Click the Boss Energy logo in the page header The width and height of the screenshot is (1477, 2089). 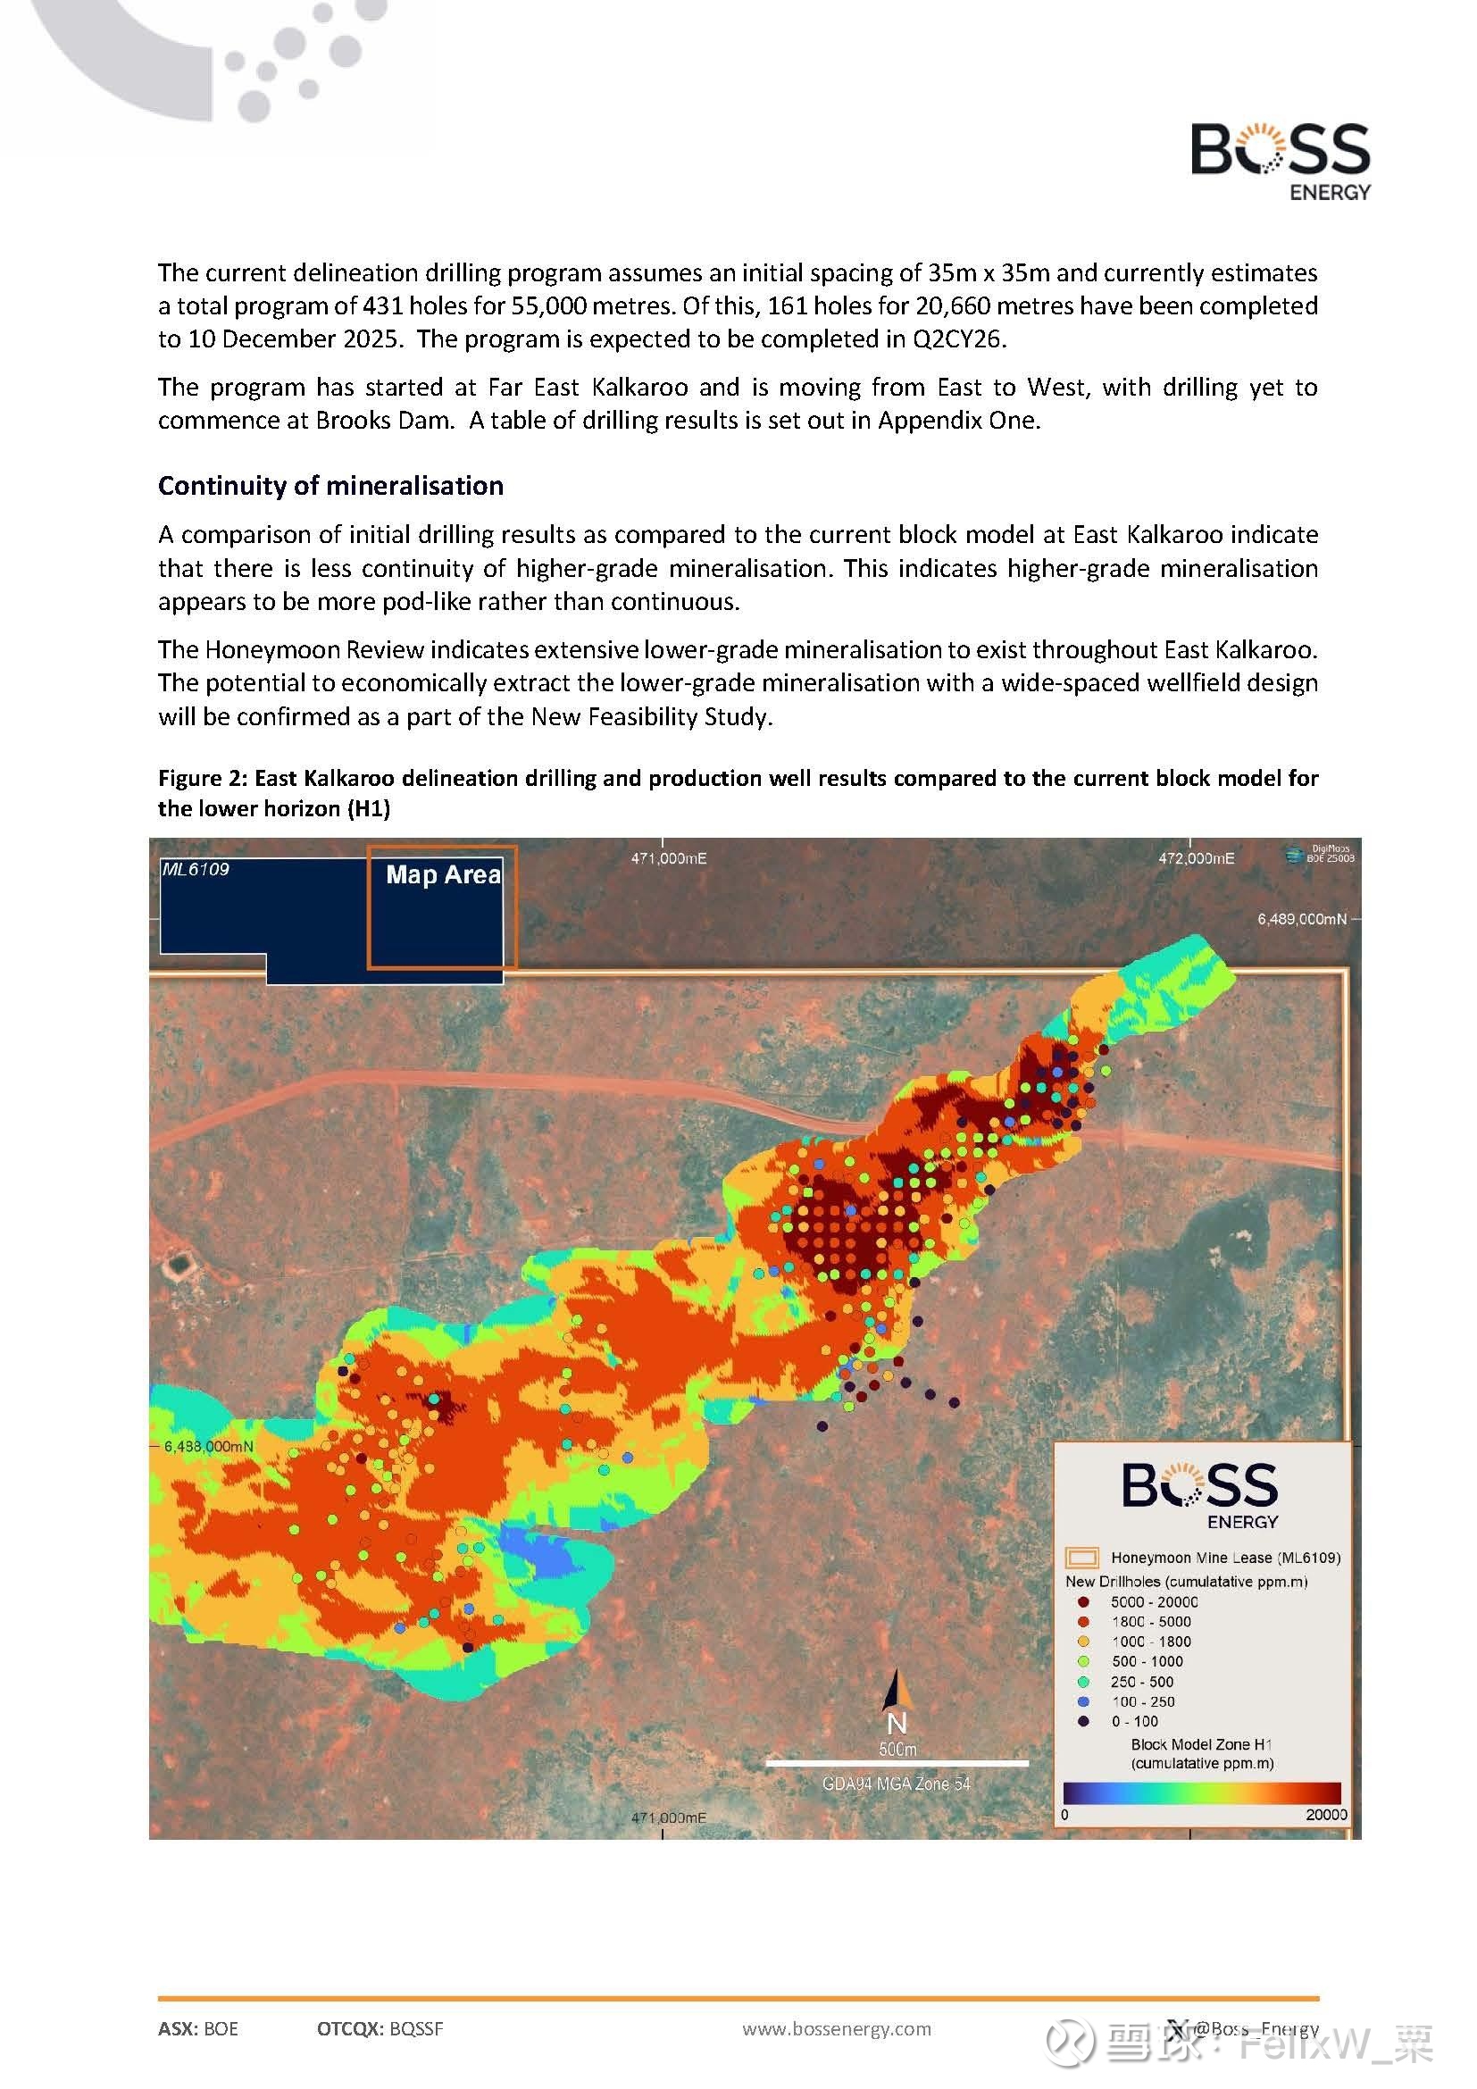pos(1280,160)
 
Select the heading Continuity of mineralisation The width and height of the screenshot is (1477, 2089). pos(330,486)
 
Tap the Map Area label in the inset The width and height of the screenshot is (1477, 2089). pos(443,874)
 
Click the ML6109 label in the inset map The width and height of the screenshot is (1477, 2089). pos(196,869)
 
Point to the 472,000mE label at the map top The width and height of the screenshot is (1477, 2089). pos(1196,858)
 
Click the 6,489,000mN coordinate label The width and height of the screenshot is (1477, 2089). pos(1301,919)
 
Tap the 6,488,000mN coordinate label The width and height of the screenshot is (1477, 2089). pos(208,1446)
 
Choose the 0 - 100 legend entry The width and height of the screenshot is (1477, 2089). pos(1134,1721)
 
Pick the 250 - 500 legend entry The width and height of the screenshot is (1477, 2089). pos(1141,1682)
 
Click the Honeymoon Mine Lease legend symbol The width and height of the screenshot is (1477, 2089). pos(1081,1558)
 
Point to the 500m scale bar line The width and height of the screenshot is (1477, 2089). pos(897,1763)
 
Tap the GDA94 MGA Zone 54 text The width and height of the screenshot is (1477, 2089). pos(896,1784)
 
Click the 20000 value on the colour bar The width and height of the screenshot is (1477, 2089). pos(1325,1814)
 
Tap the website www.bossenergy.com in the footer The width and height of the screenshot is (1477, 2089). pos(837,2028)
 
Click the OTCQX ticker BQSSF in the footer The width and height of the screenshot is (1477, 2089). pos(415,2028)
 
